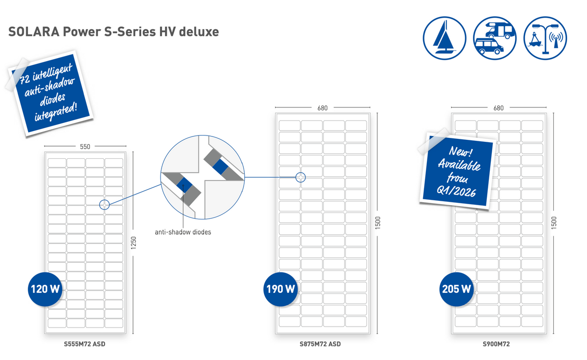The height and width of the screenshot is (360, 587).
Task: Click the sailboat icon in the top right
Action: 444,38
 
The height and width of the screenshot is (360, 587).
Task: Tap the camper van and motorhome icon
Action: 495,38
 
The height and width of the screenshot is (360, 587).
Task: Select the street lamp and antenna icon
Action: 545,38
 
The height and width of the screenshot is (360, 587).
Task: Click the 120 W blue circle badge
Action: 45,289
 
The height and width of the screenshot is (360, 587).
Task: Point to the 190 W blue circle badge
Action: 280,289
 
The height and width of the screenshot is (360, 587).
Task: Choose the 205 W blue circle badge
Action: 456,289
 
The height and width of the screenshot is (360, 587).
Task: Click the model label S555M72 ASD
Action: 85,345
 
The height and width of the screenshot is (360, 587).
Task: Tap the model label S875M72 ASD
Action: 320,345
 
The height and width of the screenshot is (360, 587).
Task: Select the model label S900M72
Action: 496,345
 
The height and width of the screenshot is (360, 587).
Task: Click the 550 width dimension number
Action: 85,147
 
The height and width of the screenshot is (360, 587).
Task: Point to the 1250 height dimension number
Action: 134,243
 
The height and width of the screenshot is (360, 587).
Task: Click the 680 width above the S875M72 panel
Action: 323,108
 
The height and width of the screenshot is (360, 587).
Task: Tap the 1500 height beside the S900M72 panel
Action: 554,223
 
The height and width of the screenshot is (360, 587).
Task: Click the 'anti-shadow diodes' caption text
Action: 183,232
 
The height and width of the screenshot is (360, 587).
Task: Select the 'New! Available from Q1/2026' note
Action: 457,172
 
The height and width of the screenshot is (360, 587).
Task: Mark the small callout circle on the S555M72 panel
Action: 104,205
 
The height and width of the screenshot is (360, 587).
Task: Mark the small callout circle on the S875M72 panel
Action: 301,178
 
